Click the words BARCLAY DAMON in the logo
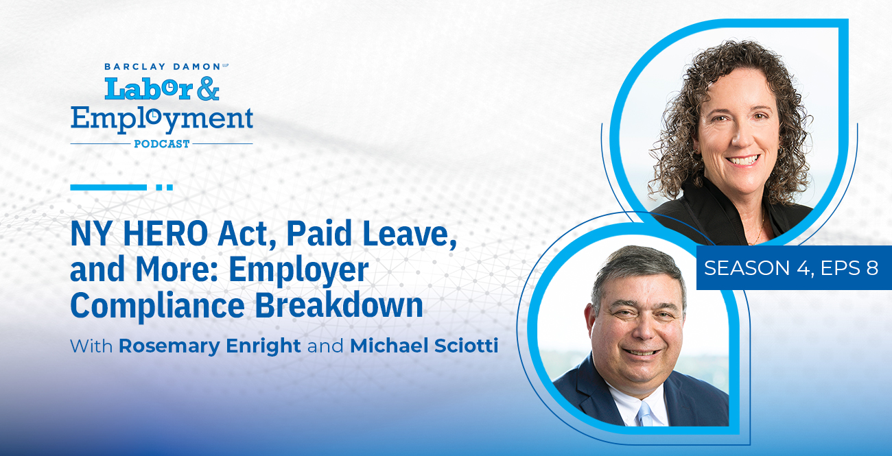click(x=163, y=67)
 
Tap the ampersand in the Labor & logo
click(x=208, y=88)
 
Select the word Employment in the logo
click(x=162, y=120)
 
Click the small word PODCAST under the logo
click(x=162, y=143)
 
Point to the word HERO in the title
click(x=165, y=234)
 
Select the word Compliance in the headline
click(x=157, y=307)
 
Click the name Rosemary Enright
click(x=209, y=346)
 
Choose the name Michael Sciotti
click(x=424, y=346)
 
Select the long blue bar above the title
click(x=108, y=187)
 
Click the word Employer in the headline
click(x=298, y=271)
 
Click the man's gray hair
click(x=637, y=269)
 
